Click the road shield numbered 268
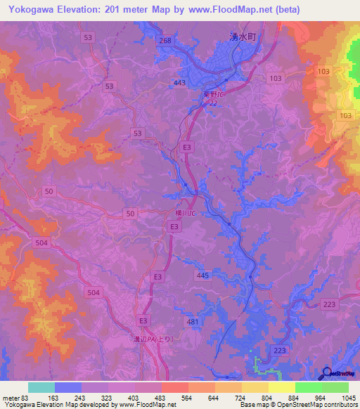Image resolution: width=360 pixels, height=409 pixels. (x=165, y=41)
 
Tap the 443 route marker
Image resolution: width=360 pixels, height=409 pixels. (x=179, y=83)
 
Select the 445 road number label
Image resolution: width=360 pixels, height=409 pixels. (x=202, y=275)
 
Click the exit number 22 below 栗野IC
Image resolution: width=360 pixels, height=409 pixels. (x=213, y=103)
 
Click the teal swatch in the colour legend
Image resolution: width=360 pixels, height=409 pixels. (x=41, y=387)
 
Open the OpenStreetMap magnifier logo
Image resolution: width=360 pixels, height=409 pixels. (x=327, y=374)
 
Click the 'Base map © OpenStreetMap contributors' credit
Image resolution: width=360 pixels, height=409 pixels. (x=297, y=405)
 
